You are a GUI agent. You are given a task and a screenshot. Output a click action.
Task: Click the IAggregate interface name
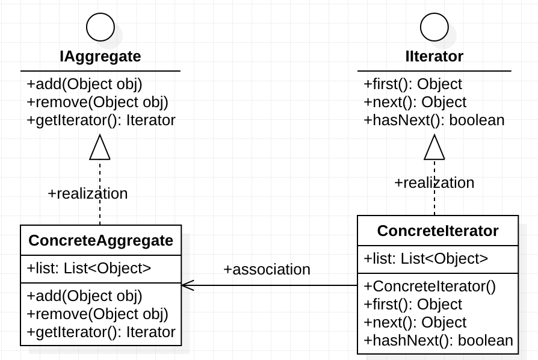click(100, 57)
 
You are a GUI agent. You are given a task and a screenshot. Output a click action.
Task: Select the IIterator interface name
click(434, 57)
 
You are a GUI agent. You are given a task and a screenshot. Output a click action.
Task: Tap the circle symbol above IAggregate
click(100, 26)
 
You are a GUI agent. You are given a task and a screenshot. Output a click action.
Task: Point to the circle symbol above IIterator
click(434, 26)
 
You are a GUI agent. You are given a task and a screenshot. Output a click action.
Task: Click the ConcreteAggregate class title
click(100, 241)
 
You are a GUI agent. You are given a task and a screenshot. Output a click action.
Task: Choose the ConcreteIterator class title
click(438, 231)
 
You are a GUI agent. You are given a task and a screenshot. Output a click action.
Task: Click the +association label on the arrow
click(267, 269)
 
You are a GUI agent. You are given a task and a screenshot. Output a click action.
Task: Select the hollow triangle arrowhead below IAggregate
click(100, 147)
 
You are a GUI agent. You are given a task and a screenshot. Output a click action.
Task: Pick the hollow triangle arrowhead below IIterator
click(434, 147)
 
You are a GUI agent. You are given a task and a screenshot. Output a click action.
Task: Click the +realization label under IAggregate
click(88, 193)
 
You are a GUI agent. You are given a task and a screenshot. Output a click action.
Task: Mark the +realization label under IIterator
click(434, 182)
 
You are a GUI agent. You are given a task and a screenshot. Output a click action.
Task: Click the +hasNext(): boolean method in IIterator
click(434, 120)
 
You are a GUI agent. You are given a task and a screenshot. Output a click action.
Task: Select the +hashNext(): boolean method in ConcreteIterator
click(438, 341)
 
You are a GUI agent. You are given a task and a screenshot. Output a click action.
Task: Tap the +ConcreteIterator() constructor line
click(430, 286)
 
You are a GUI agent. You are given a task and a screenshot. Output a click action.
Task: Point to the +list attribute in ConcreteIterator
click(425, 259)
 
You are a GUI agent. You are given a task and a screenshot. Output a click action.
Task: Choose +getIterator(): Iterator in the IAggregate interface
click(101, 120)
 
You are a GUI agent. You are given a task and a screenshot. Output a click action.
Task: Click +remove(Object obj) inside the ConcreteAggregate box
click(97, 314)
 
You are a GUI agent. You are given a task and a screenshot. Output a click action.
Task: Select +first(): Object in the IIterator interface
click(413, 84)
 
